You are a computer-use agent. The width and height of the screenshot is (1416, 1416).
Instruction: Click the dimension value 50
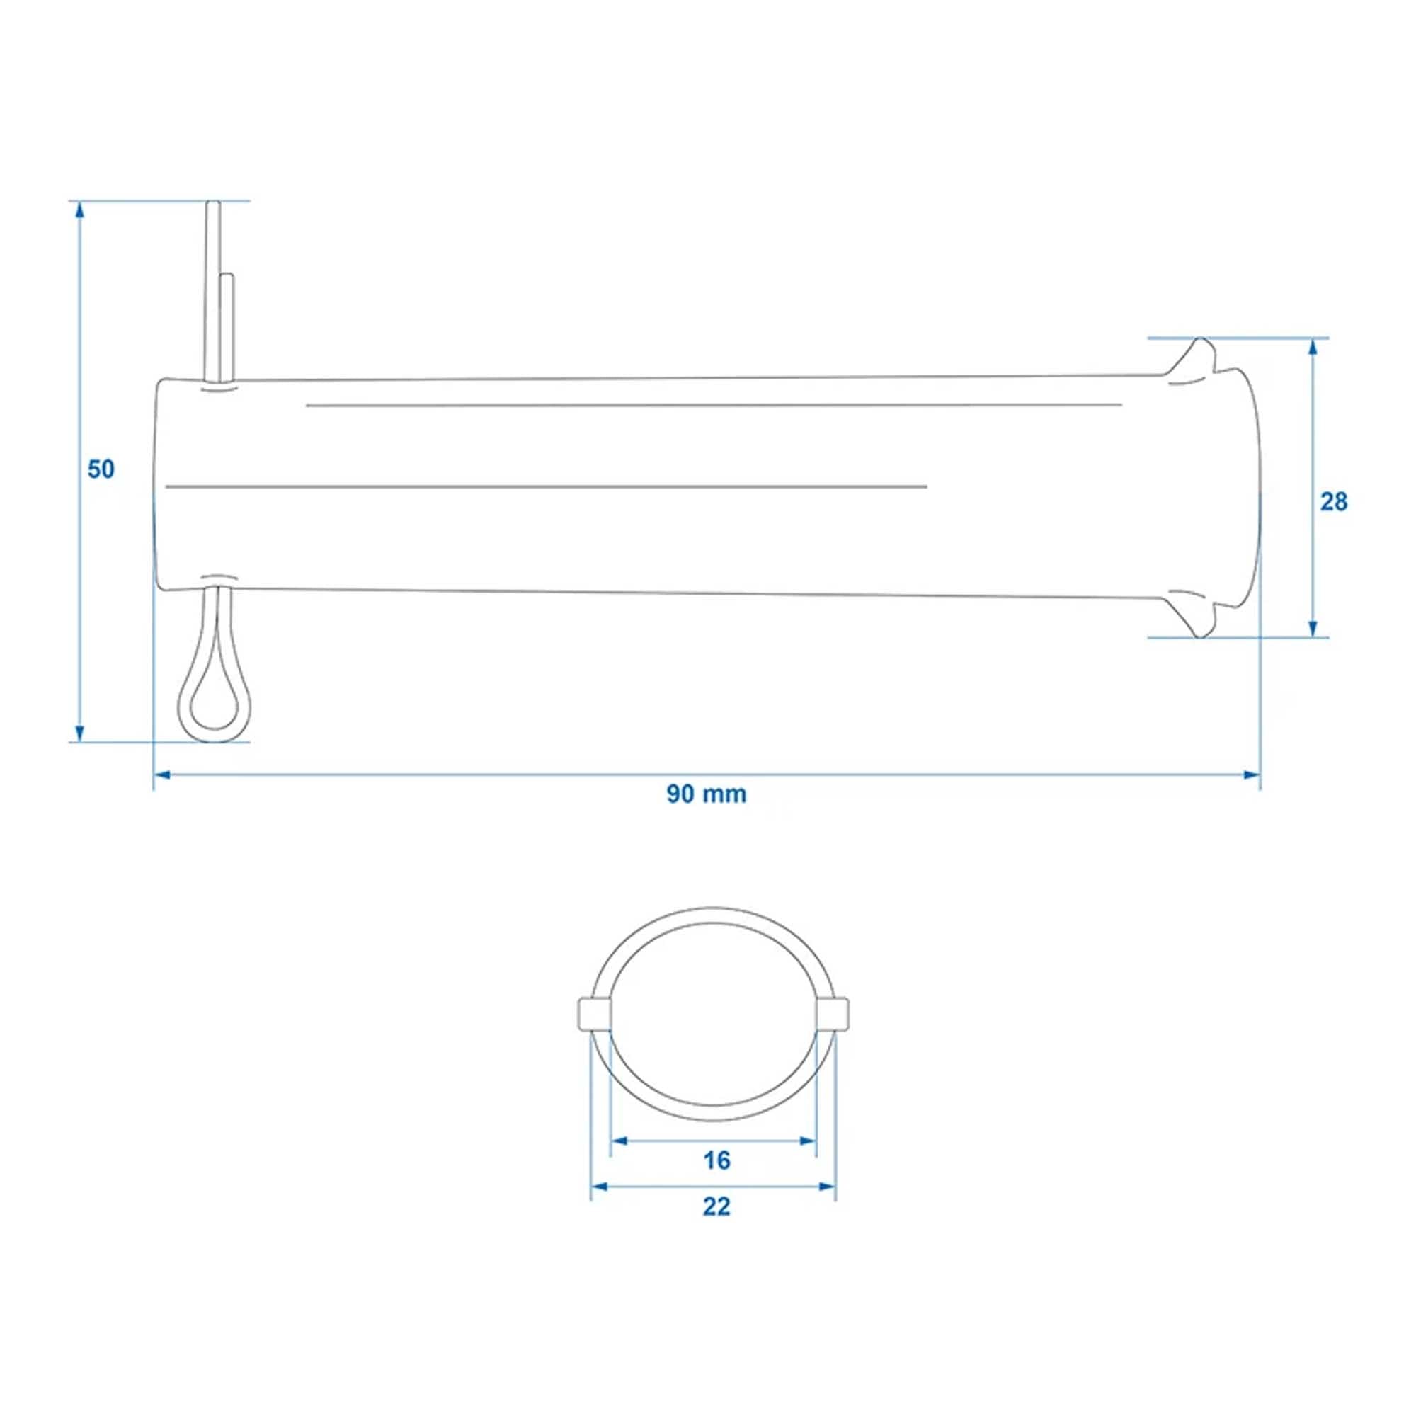pyautogui.click(x=101, y=469)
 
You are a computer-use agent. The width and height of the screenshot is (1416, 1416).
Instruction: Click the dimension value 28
pyautogui.click(x=1334, y=502)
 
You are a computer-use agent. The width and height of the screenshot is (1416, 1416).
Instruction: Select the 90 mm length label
pyautogui.click(x=707, y=794)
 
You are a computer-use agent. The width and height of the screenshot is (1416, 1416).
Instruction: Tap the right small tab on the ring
pyautogui.click(x=833, y=1013)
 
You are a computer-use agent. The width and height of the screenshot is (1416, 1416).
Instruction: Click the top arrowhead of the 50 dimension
pyautogui.click(x=79, y=210)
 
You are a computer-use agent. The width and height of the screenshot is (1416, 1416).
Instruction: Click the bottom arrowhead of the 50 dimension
pyautogui.click(x=79, y=732)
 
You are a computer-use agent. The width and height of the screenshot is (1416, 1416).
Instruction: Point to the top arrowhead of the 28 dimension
pyautogui.click(x=1313, y=348)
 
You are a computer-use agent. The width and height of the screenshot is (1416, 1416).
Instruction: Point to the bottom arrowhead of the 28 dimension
pyautogui.click(x=1313, y=628)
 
